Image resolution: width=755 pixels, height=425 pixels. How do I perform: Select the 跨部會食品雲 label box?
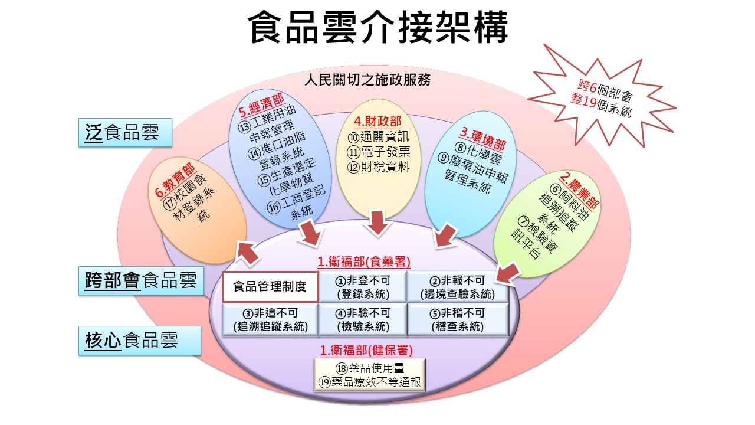[140, 281]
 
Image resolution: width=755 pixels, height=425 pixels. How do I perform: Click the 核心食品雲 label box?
[139, 341]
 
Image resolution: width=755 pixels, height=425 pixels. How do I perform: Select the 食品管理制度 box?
[270, 287]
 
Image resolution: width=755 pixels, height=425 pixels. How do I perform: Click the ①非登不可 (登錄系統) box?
[363, 287]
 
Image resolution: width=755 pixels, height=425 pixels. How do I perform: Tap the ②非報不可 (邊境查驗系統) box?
[458, 287]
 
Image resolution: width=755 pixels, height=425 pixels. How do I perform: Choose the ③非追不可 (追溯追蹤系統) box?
[270, 320]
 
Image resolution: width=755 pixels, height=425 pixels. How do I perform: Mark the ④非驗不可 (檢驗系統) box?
[363, 320]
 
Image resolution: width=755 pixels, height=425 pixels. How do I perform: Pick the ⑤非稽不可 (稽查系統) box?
[458, 320]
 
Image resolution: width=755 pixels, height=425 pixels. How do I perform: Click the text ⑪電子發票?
[378, 151]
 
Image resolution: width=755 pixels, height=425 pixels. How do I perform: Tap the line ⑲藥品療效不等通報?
[370, 382]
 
